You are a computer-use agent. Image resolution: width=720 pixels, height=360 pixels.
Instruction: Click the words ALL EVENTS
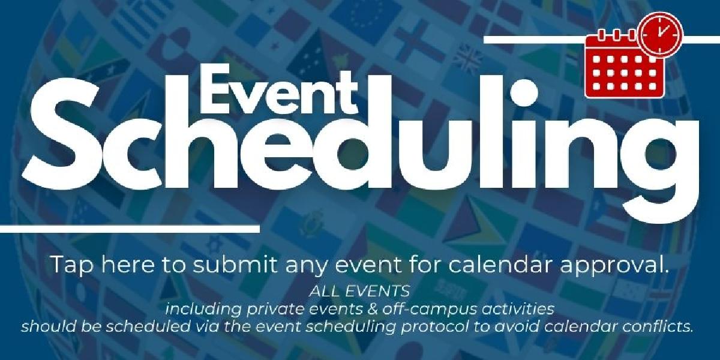click(360, 292)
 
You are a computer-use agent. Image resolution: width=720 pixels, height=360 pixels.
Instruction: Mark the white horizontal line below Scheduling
click(130, 229)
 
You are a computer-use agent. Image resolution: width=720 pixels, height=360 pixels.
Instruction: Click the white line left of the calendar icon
click(534, 40)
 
